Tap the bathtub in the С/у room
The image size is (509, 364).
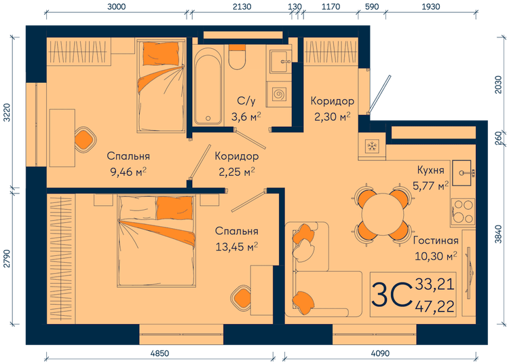[x=208, y=86]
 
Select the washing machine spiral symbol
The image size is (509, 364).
[x=278, y=94]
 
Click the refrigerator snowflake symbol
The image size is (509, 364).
[x=371, y=146]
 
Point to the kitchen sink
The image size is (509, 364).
[x=462, y=172]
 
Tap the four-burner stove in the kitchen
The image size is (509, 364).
[x=463, y=212]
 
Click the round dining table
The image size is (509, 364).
[x=383, y=215]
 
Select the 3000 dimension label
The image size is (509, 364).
[x=116, y=7]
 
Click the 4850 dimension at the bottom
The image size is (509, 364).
[x=159, y=353]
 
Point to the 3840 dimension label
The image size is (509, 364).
[x=499, y=234]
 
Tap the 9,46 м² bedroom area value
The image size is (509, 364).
[x=128, y=172]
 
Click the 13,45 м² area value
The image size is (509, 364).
[x=237, y=247]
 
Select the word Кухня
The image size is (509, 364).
[x=430, y=170]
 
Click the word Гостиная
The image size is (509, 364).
[x=436, y=240]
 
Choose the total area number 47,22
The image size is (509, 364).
[x=434, y=306]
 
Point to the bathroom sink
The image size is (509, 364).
[x=280, y=60]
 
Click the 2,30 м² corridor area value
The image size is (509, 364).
[x=332, y=116]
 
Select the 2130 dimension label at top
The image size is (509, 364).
[x=242, y=7]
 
